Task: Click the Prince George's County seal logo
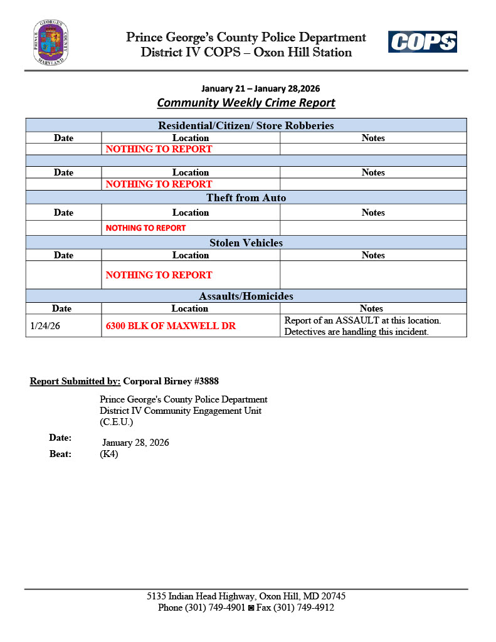(x=51, y=43)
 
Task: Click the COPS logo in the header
(x=422, y=42)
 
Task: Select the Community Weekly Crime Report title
(x=246, y=103)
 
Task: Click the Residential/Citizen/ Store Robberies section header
(x=246, y=125)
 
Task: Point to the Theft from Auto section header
(x=246, y=198)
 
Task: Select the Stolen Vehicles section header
(x=246, y=243)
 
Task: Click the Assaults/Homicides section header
(x=246, y=296)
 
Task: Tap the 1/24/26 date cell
(x=45, y=326)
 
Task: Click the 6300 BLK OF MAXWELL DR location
(x=171, y=326)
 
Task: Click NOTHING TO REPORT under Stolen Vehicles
(x=159, y=275)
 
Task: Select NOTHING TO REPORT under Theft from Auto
(x=145, y=228)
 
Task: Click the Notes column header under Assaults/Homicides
(x=371, y=308)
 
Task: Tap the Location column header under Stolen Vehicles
(x=191, y=255)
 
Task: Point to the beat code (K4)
(x=109, y=455)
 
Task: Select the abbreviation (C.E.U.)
(x=117, y=422)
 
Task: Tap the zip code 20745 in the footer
(x=333, y=596)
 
